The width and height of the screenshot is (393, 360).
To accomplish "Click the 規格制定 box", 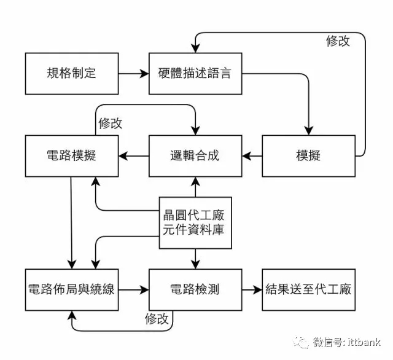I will [x=71, y=74].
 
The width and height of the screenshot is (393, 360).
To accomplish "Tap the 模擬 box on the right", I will [x=308, y=155].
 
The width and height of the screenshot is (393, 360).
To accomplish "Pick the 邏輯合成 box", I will [x=194, y=155].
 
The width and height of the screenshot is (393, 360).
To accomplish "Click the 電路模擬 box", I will [x=71, y=155].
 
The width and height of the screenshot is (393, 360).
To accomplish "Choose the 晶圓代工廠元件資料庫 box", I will [x=195, y=223].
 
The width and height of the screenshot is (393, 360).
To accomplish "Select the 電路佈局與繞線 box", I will [x=71, y=289].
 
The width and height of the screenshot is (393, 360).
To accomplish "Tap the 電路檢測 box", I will [x=194, y=289].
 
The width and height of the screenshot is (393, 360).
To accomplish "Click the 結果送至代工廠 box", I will [x=308, y=289].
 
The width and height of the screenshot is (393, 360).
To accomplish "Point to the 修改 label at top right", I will [x=338, y=41].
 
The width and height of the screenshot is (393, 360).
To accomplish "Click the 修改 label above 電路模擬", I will [x=111, y=123].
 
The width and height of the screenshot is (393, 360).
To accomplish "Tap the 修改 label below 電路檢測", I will [x=157, y=319].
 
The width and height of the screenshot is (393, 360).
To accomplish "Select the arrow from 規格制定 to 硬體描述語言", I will [x=133, y=74].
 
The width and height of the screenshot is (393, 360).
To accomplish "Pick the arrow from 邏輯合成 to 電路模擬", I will [x=133, y=155].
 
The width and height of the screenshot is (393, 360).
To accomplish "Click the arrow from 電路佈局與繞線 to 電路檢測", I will [x=133, y=289].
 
